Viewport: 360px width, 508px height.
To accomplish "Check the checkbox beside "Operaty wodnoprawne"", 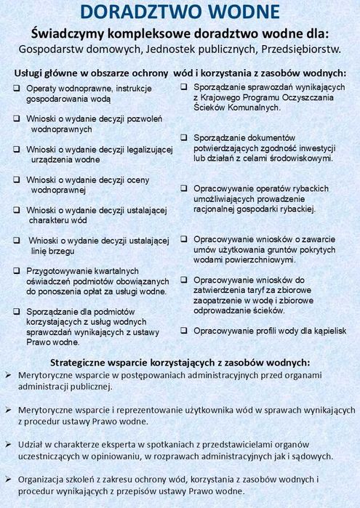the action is click(16, 88).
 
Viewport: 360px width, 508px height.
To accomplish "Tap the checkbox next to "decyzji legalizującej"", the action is click(16, 149).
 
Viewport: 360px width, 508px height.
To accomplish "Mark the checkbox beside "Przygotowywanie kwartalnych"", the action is click(16, 270).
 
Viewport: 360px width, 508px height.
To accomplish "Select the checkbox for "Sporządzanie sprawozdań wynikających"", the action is click(185, 88).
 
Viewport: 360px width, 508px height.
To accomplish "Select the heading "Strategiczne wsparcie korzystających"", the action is click(180, 361).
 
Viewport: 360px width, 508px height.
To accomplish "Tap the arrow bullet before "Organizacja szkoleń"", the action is click(7, 479).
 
